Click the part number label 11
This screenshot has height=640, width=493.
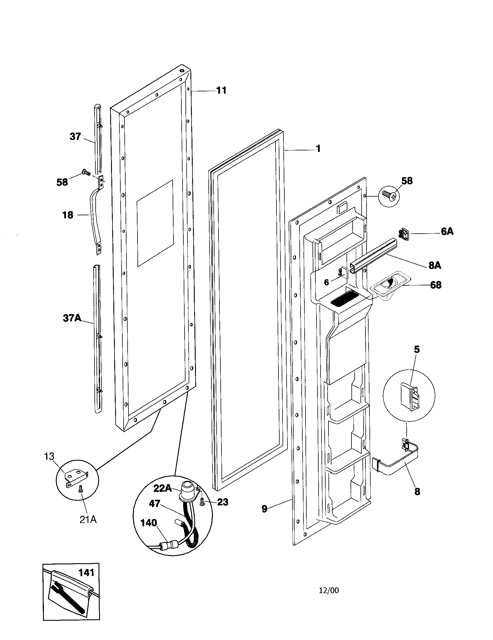[221, 90]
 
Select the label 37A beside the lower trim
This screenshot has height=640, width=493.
[72, 318]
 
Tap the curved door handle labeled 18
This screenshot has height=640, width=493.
[94, 217]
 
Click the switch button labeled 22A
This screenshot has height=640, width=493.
[187, 489]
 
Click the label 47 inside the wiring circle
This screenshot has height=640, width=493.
[154, 504]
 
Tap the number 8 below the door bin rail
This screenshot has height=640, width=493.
[417, 491]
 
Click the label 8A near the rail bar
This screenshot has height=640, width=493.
[435, 265]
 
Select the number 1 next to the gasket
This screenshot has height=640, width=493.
[318, 149]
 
